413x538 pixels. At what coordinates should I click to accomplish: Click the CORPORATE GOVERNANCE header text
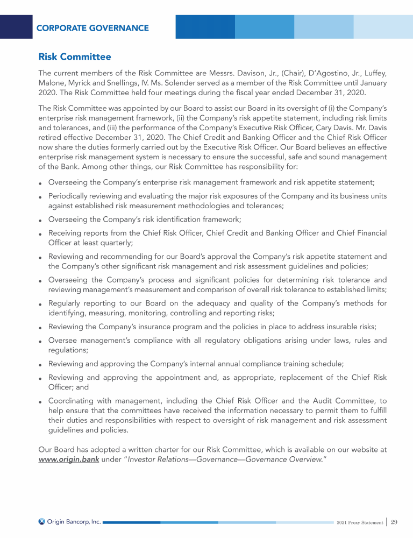click(92, 28)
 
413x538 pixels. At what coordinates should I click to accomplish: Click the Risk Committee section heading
click(75, 56)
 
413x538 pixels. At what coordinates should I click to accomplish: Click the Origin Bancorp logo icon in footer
click(42, 521)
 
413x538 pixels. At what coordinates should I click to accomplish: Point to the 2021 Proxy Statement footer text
click(359, 522)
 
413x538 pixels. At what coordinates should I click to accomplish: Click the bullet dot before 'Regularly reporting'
click(41, 304)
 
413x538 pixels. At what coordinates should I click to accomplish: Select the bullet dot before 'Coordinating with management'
click(41, 401)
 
